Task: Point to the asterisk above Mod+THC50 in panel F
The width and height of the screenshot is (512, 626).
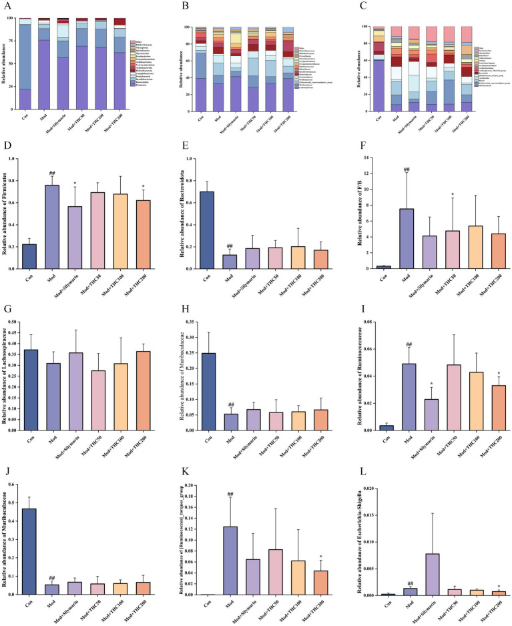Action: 455,195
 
